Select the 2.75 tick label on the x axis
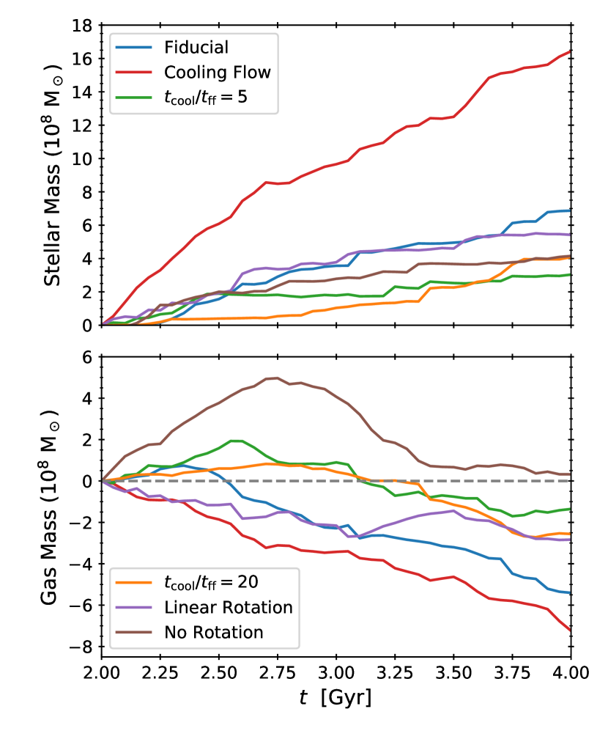[x=278, y=672]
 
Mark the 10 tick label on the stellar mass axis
[x=83, y=158]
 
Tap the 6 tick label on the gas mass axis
[x=88, y=357]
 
